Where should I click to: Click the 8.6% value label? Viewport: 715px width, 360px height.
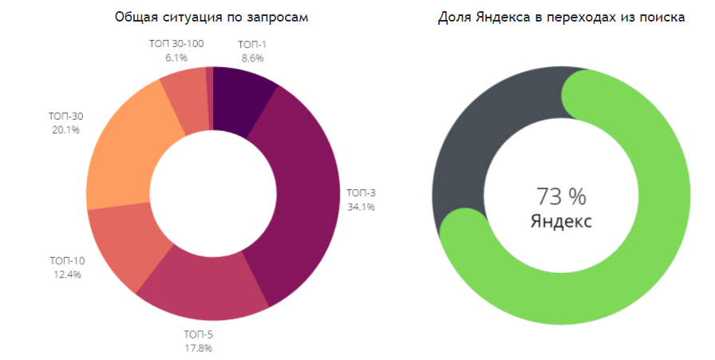pyautogui.click(x=252, y=58)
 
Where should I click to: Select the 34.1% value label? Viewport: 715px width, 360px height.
pyautogui.click(x=361, y=207)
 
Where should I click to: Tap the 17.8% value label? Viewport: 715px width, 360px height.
pyautogui.click(x=198, y=347)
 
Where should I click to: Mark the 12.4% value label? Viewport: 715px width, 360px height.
pyautogui.click(x=67, y=275)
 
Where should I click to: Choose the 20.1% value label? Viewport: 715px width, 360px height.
pyautogui.click(x=65, y=130)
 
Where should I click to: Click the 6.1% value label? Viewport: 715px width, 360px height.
pyautogui.click(x=176, y=57)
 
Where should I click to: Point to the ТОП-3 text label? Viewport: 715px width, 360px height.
pyautogui.click(x=361, y=192)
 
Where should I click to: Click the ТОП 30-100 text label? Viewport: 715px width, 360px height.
pyautogui.click(x=176, y=44)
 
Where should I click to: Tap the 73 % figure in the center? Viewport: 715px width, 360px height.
pyautogui.click(x=561, y=196)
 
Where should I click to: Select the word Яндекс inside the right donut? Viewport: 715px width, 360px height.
pyautogui.click(x=561, y=221)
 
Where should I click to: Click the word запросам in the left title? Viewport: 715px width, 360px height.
pyautogui.click(x=279, y=18)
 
